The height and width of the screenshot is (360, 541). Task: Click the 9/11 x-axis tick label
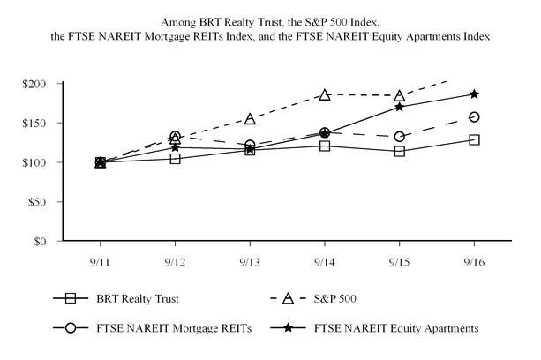coord(100,262)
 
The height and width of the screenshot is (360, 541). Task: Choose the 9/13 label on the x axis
coord(250,262)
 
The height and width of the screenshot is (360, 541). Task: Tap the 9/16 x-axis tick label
coord(475,262)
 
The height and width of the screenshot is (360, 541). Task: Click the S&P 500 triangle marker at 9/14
coord(325,94)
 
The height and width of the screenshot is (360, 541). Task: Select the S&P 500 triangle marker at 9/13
coord(250,119)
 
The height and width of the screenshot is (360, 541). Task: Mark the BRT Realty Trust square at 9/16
coord(475,139)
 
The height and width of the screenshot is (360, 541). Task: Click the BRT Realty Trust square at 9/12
coord(175,159)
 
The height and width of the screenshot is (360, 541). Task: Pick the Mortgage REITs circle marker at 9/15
coord(400,137)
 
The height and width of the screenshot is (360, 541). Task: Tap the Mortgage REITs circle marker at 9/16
coord(475,116)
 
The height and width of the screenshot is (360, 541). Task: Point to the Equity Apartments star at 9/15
coord(400,107)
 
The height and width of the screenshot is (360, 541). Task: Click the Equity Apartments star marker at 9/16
coord(475,94)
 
